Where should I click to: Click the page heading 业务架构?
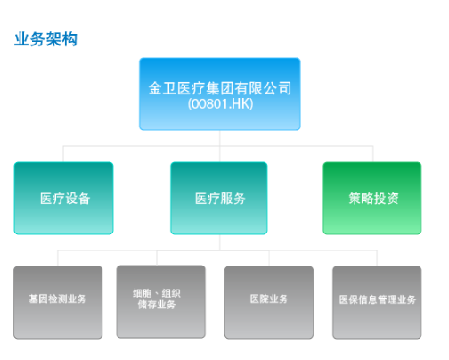(45, 39)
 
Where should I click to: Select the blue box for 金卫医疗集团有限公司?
(220, 94)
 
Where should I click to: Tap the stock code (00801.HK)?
(220, 104)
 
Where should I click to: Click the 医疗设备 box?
(63, 198)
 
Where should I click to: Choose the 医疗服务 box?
(219, 198)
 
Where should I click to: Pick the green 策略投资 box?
(372, 198)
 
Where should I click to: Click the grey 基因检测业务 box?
(58, 302)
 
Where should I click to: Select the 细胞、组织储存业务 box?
(161, 302)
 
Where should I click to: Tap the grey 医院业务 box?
(269, 302)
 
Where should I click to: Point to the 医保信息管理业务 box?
(377, 302)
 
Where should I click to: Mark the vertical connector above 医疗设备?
(63, 154)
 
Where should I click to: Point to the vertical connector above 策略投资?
(373, 154)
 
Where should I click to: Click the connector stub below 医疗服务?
(220, 242)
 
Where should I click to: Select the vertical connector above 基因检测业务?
(58, 258)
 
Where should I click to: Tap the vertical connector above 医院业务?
(269, 258)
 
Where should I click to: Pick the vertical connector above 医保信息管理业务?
(377, 258)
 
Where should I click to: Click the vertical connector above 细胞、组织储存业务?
(157, 258)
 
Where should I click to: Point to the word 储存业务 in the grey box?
(157, 305)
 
